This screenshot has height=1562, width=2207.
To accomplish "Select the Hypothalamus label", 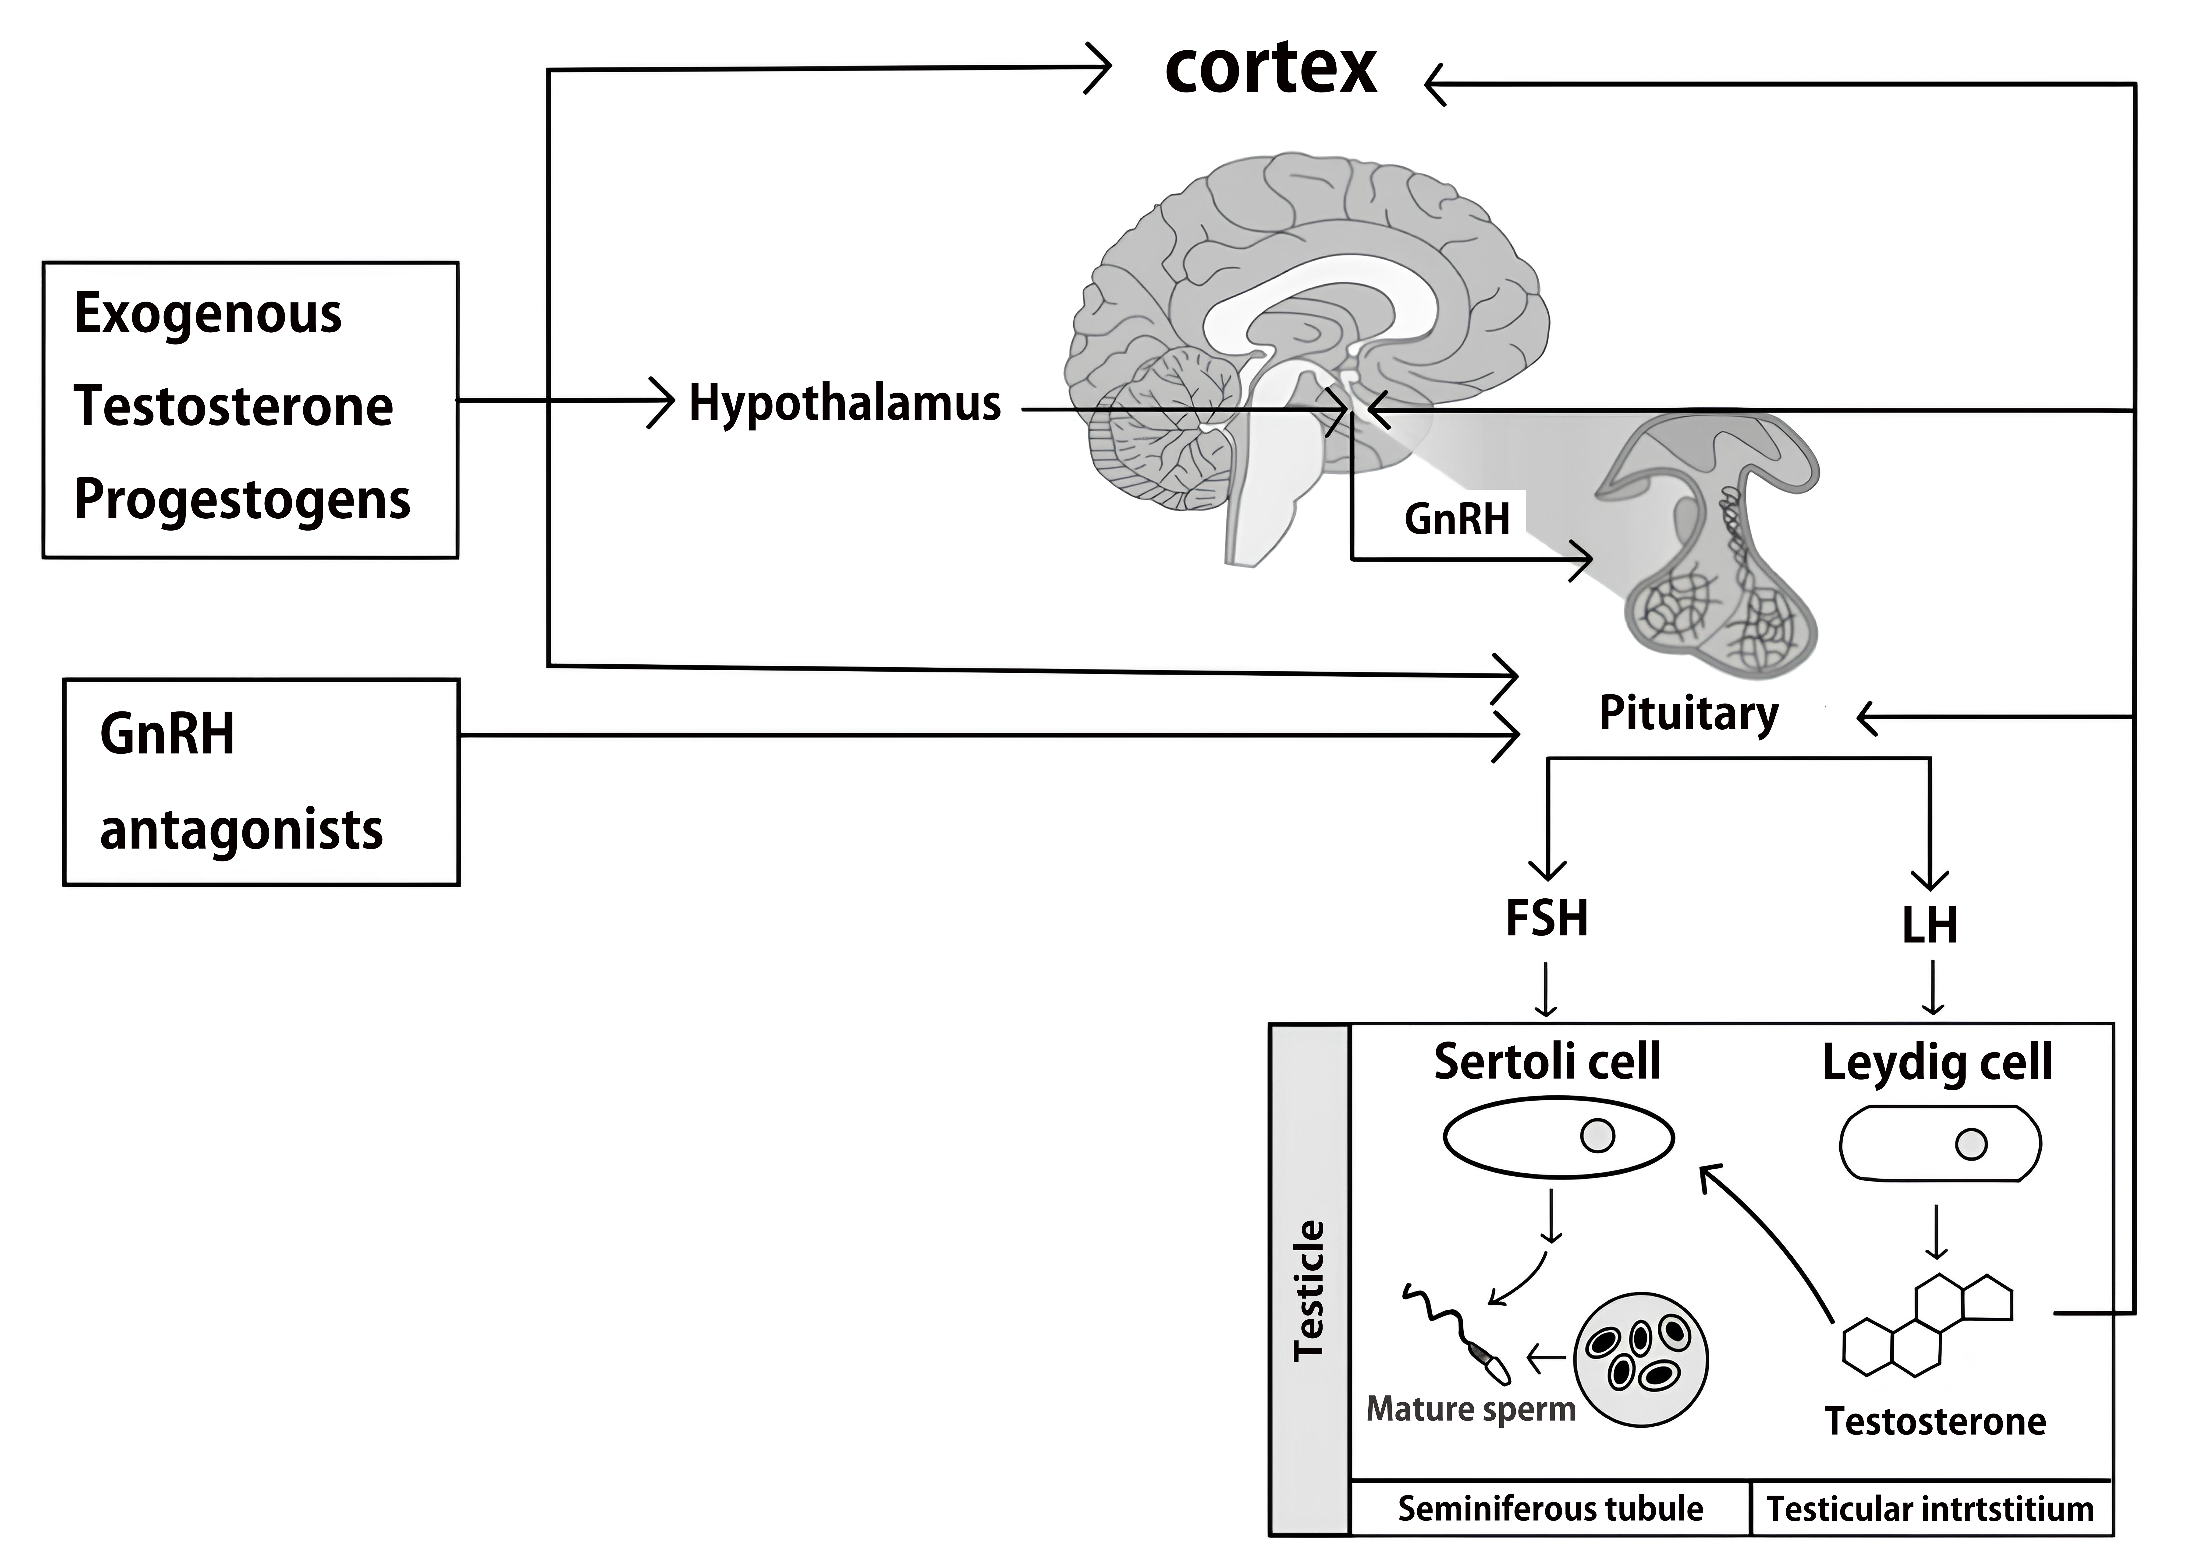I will [x=845, y=404].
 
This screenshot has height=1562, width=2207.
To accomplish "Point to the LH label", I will [x=1929, y=925].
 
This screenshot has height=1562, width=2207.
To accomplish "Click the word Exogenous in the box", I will [x=208, y=314].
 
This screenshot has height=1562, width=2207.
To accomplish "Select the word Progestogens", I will [x=242, y=500].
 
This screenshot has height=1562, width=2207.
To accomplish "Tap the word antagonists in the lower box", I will [x=241, y=829].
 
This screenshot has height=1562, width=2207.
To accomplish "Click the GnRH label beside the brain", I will [x=1457, y=519].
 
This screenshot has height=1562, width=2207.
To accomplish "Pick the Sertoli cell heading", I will [x=1547, y=1062].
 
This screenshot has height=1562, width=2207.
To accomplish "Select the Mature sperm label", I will [x=1471, y=1409].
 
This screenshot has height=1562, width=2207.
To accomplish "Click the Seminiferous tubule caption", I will [x=1550, y=1509].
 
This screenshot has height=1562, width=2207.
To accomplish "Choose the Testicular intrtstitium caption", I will [x=1930, y=1509].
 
